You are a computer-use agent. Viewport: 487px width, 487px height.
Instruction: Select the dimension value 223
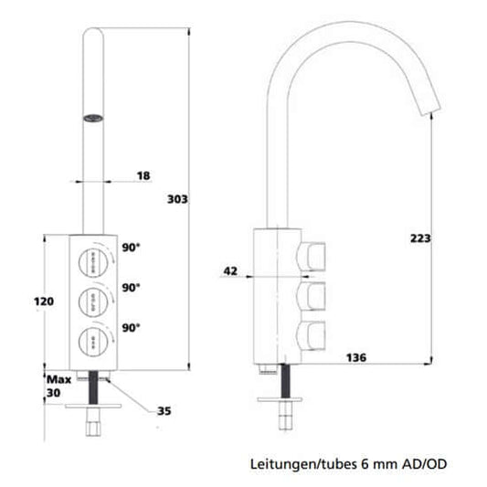420,238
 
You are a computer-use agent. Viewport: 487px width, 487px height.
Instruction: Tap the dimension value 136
356,357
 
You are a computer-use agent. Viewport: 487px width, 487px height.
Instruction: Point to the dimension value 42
230,270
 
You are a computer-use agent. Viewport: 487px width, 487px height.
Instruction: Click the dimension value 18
143,175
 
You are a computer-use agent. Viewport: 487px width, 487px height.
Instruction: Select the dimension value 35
164,411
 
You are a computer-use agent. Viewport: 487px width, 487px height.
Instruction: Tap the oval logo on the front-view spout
92,116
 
